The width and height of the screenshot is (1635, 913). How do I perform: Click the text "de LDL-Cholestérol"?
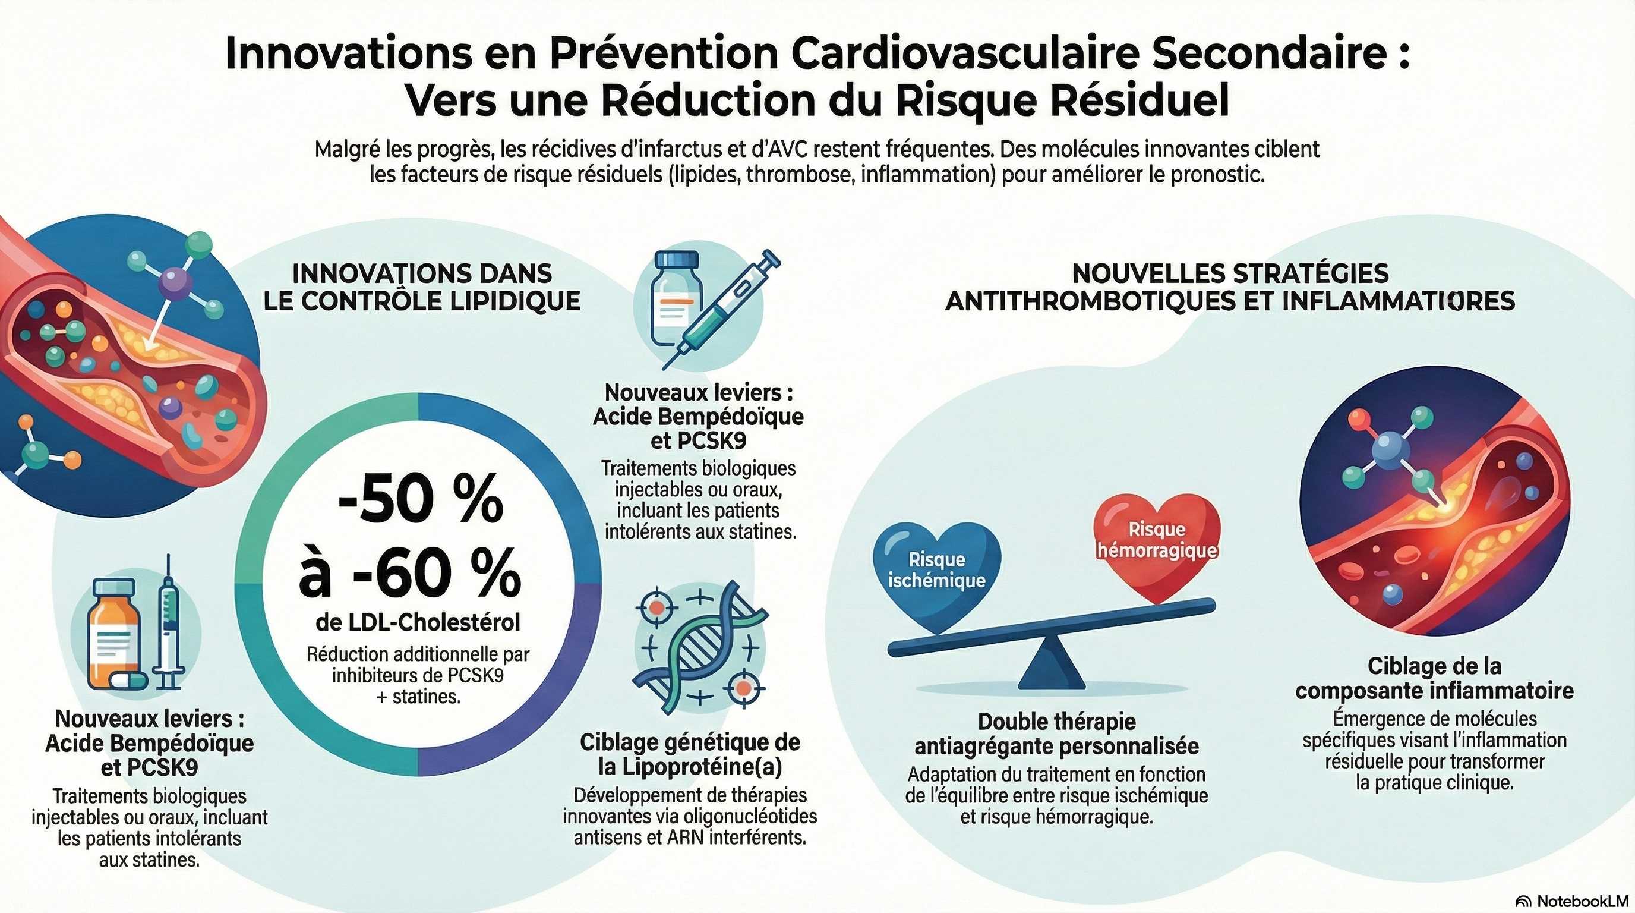click(418, 623)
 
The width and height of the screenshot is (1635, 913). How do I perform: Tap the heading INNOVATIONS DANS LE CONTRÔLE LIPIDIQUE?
click(422, 287)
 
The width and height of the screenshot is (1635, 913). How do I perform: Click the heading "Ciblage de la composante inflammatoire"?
click(1434, 678)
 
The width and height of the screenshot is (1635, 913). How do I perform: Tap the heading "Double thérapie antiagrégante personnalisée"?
click(1057, 734)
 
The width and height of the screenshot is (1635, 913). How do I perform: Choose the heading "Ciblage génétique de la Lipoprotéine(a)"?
click(690, 754)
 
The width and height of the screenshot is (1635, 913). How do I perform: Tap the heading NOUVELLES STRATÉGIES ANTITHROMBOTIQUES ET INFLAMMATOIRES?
click(1230, 287)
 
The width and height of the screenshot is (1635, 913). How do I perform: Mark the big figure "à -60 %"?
click(410, 575)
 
